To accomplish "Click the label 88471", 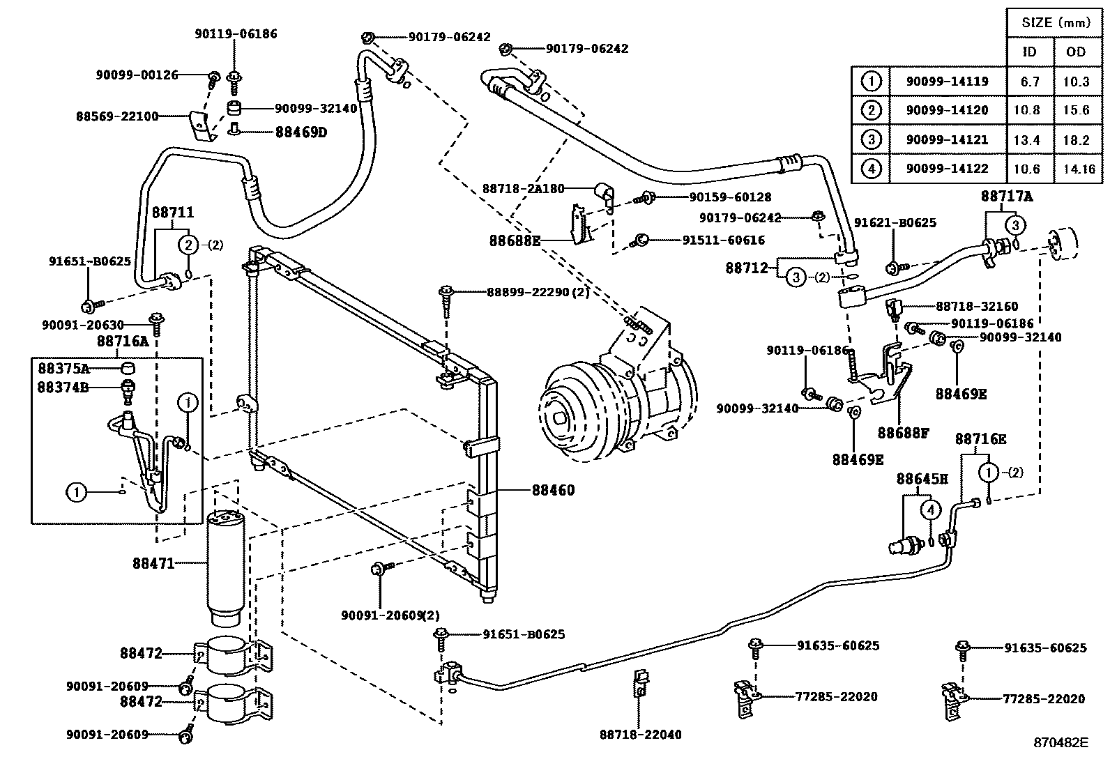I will pyautogui.click(x=153, y=562).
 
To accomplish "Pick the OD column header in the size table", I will pyautogui.click(x=1076, y=52).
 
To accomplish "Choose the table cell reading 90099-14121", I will pyautogui.click(x=947, y=139).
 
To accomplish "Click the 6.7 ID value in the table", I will pyautogui.click(x=1029, y=82).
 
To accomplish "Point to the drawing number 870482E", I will pyautogui.click(x=1060, y=743).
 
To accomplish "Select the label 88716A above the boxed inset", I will pyautogui.click(x=123, y=342).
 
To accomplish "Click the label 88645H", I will pyautogui.click(x=922, y=480).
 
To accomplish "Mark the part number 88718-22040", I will pyautogui.click(x=640, y=734).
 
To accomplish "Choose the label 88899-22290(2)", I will pyautogui.click(x=538, y=292).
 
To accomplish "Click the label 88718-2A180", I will pyautogui.click(x=523, y=188).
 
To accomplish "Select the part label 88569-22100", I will pyautogui.click(x=117, y=116).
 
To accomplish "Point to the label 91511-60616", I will pyautogui.click(x=723, y=240).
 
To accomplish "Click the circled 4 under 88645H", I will pyautogui.click(x=930, y=510).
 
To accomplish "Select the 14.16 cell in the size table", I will pyautogui.click(x=1076, y=169).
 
